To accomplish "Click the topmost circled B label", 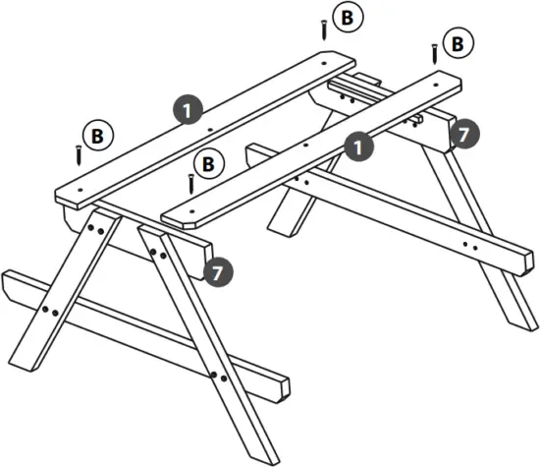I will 345,17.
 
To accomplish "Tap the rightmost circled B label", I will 455,43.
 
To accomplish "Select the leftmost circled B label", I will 96,135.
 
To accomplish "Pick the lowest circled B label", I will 208,163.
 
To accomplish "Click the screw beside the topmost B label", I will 323,29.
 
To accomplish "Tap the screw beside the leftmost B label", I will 76,153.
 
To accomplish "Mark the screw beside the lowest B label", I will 190,182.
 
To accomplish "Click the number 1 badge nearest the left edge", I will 188,109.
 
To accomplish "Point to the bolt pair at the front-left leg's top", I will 96,228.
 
